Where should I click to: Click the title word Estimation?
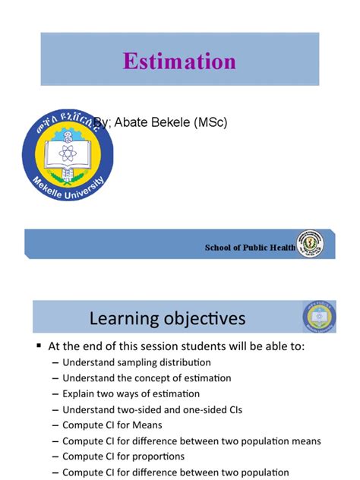[180, 61]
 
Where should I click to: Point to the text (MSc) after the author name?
[208, 122]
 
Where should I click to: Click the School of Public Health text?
[250, 248]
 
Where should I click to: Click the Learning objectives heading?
[167, 317]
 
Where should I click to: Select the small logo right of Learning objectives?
[318, 317]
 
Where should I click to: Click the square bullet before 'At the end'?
[39, 345]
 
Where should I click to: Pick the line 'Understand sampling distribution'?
[137, 362]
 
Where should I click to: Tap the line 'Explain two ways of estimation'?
[131, 393]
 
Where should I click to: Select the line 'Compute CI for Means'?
[112, 425]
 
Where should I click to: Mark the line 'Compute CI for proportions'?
[124, 456]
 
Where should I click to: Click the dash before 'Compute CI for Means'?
[55, 425]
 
